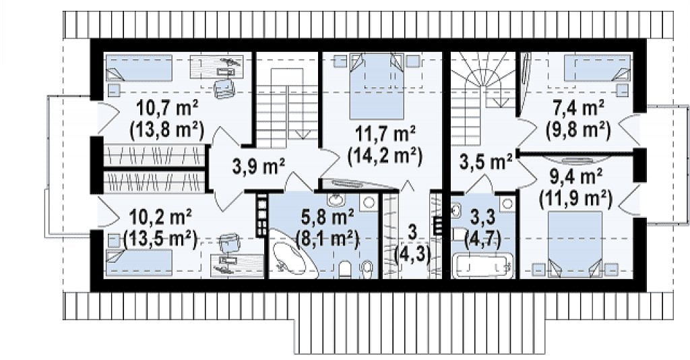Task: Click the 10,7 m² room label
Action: pyautogui.click(x=167, y=107)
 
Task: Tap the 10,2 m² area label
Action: pyautogui.click(x=160, y=216)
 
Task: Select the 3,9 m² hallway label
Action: pyautogui.click(x=258, y=166)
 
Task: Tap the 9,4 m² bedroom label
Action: pyautogui.click(x=576, y=177)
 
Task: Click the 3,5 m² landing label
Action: pyautogui.click(x=486, y=162)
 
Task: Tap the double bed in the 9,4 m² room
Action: pyautogui.click(x=575, y=244)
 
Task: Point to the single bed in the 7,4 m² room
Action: pyautogui.click(x=597, y=68)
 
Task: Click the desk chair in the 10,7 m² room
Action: pyautogui.click(x=224, y=87)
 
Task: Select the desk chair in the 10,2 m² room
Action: pyautogui.click(x=229, y=243)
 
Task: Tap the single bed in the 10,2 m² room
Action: pyautogui.click(x=139, y=262)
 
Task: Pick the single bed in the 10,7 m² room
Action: pyautogui.click(x=139, y=68)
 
